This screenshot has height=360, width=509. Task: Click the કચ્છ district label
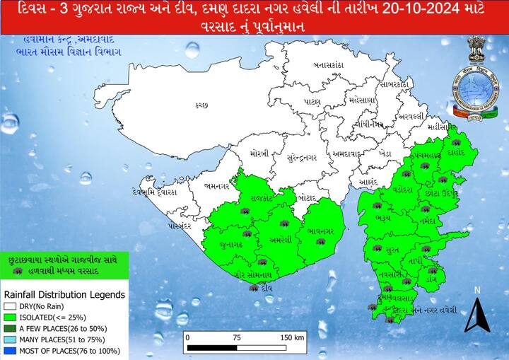201,105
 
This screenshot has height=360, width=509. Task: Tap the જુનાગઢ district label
230,245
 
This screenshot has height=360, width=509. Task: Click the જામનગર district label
215,185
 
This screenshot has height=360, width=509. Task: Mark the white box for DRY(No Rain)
10,306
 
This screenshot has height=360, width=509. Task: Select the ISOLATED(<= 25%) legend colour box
10,318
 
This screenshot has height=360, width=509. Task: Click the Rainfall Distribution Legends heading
64,294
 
